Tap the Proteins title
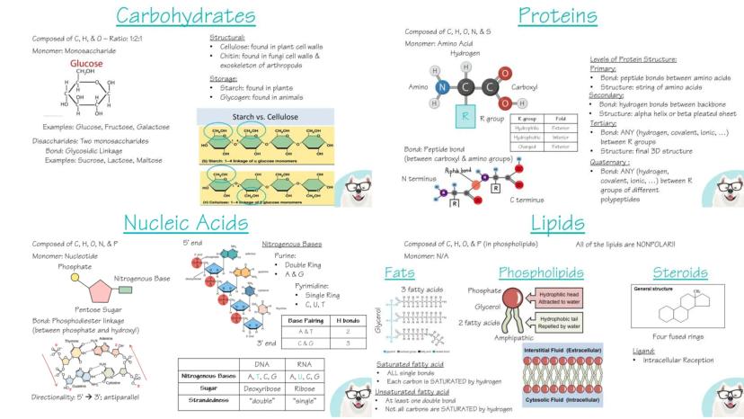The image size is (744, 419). click(x=557, y=15)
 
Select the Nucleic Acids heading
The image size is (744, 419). click(x=185, y=222)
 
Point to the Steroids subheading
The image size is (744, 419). click(x=675, y=272)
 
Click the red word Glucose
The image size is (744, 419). click(x=86, y=65)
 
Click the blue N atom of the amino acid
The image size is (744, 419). click(x=441, y=87)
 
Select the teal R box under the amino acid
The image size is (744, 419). click(x=465, y=115)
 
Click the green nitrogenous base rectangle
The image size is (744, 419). click(x=126, y=290)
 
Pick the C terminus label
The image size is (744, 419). click(x=527, y=199)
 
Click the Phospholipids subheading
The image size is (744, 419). click(x=541, y=272)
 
